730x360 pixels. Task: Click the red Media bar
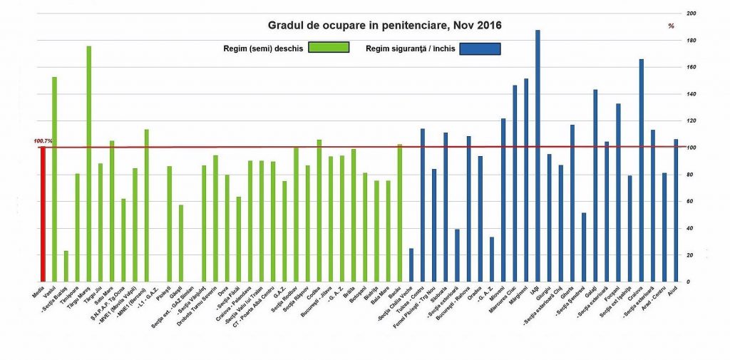click(x=43, y=214)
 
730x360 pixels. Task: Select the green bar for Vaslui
click(x=54, y=178)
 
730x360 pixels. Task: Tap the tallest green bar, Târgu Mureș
click(x=89, y=164)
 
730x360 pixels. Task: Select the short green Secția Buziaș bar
click(x=66, y=266)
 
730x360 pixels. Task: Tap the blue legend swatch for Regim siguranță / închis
click(x=480, y=48)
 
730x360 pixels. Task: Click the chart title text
click(x=384, y=26)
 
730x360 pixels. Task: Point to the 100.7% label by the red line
click(x=43, y=141)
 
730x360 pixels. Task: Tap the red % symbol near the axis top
click(x=671, y=26)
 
